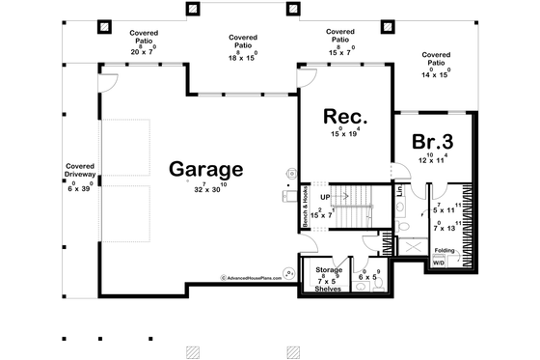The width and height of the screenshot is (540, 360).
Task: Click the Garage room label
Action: [206, 168]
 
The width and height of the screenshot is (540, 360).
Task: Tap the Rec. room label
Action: [342, 118]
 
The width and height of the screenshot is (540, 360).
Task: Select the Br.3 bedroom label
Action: [433, 142]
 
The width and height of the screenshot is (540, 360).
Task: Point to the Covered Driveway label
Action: [80, 172]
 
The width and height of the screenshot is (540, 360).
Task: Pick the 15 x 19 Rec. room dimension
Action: [343, 135]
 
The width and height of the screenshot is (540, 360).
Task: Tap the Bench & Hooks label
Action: [304, 201]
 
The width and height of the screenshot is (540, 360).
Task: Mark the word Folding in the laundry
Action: [445, 249]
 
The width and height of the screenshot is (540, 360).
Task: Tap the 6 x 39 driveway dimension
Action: [79, 187]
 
